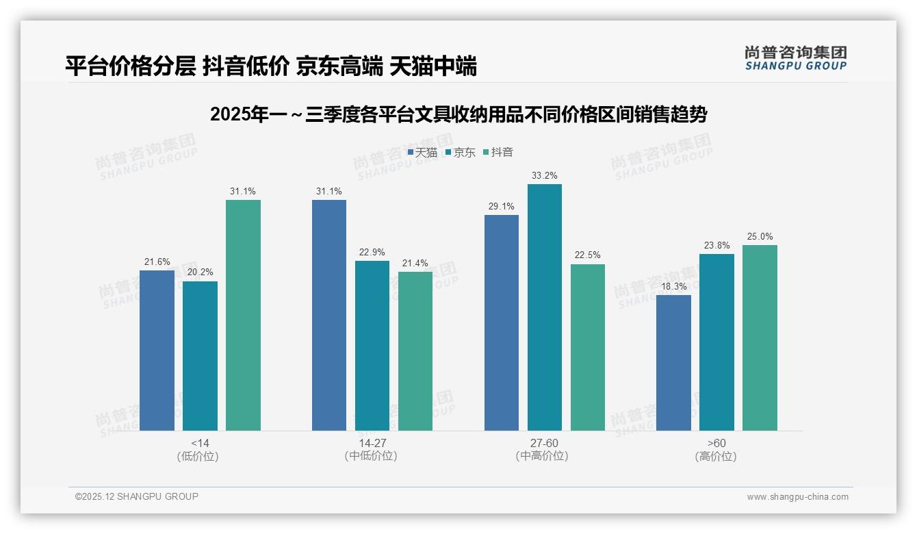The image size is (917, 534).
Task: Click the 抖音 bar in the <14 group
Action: point(243,315)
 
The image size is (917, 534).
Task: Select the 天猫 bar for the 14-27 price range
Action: point(329,315)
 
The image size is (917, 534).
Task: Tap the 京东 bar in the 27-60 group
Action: point(545,307)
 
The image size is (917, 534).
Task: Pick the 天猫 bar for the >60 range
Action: point(673,363)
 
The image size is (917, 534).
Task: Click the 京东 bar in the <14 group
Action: point(200,356)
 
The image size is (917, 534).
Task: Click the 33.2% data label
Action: point(545,176)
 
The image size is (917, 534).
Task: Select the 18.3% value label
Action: point(673,287)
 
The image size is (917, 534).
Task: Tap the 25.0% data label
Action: point(760,237)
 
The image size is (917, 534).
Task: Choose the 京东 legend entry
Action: point(461,153)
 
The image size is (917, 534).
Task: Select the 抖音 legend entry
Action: point(498,153)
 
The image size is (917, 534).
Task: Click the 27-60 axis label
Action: point(543,443)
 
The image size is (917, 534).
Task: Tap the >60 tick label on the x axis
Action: point(716,443)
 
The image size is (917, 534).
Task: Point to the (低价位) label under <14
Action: point(198,457)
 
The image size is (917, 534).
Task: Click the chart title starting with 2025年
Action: point(458,114)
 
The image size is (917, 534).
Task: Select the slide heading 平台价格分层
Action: point(270,66)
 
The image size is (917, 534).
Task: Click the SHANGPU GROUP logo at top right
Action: point(795,58)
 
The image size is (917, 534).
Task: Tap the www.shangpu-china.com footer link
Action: point(797,497)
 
